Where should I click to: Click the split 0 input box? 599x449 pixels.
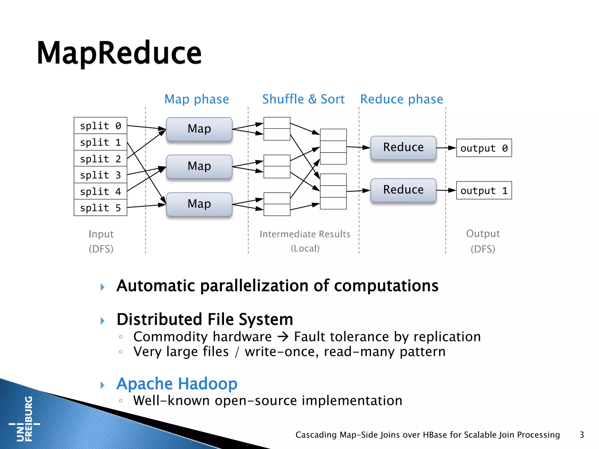click(x=100, y=126)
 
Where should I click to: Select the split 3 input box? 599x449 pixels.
click(x=100, y=175)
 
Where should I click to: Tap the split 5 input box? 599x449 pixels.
click(x=100, y=208)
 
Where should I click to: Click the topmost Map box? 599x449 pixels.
click(x=199, y=129)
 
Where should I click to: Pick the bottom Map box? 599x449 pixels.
click(x=199, y=204)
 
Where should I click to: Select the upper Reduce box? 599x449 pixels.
click(x=403, y=147)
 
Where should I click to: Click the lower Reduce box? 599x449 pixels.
click(x=403, y=190)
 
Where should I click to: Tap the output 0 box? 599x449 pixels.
click(x=484, y=148)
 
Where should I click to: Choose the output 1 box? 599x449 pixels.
click(x=484, y=191)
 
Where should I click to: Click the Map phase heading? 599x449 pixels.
click(x=197, y=99)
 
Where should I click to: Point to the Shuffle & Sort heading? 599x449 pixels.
click(x=303, y=99)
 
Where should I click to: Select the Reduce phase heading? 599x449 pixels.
click(x=402, y=99)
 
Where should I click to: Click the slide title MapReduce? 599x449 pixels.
click(x=119, y=53)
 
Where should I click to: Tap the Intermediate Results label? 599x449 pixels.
click(x=305, y=234)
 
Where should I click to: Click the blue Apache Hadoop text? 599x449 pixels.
click(x=177, y=384)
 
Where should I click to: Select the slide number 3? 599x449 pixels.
click(x=582, y=435)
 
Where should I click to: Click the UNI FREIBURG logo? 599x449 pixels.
click(x=25, y=419)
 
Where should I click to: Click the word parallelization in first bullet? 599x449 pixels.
click(x=254, y=286)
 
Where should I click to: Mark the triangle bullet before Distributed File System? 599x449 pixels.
click(x=102, y=321)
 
